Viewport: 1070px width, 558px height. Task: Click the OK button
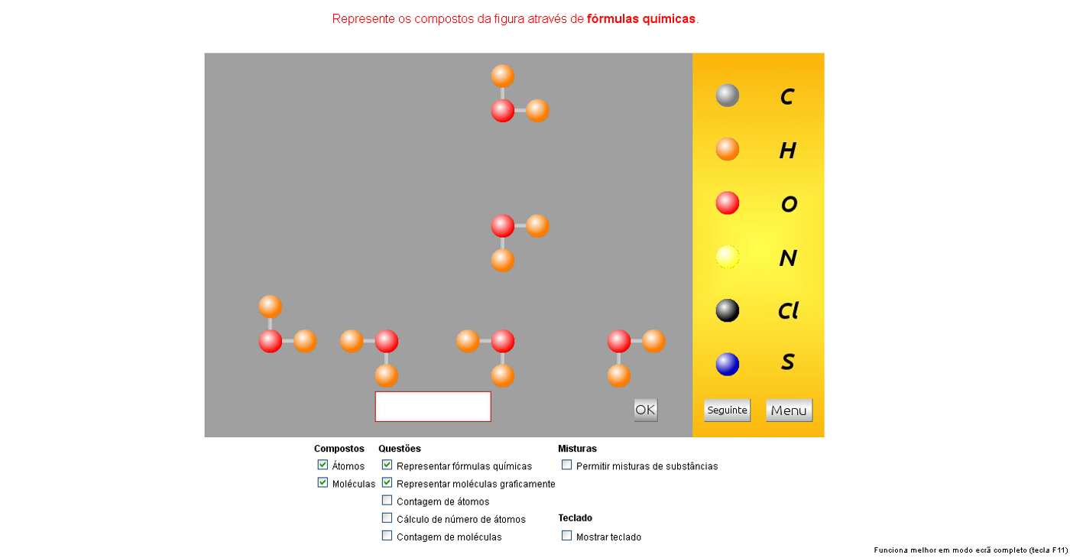point(645,410)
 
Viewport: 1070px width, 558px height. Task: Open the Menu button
point(789,410)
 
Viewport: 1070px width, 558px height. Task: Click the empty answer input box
point(433,407)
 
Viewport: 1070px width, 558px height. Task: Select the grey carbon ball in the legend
point(727,96)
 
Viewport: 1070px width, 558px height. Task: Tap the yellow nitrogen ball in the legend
point(727,257)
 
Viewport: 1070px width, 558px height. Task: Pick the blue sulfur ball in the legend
point(727,364)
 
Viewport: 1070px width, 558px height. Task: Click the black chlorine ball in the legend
point(727,310)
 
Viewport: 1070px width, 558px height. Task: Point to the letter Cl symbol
point(788,311)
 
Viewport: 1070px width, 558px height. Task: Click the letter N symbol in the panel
point(788,258)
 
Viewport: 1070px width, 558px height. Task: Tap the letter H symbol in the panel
point(788,151)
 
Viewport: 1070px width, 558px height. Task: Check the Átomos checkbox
point(323,465)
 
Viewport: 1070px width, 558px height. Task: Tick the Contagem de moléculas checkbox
point(387,536)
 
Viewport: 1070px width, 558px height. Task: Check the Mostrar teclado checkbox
point(566,536)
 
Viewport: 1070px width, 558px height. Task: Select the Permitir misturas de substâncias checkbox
point(566,465)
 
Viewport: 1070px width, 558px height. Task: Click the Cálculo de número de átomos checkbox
point(387,518)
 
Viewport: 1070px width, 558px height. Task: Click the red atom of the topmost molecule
point(503,111)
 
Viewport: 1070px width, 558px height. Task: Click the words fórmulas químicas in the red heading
point(641,19)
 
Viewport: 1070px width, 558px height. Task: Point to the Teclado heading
point(575,518)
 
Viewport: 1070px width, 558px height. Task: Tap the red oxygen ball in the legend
point(727,203)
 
